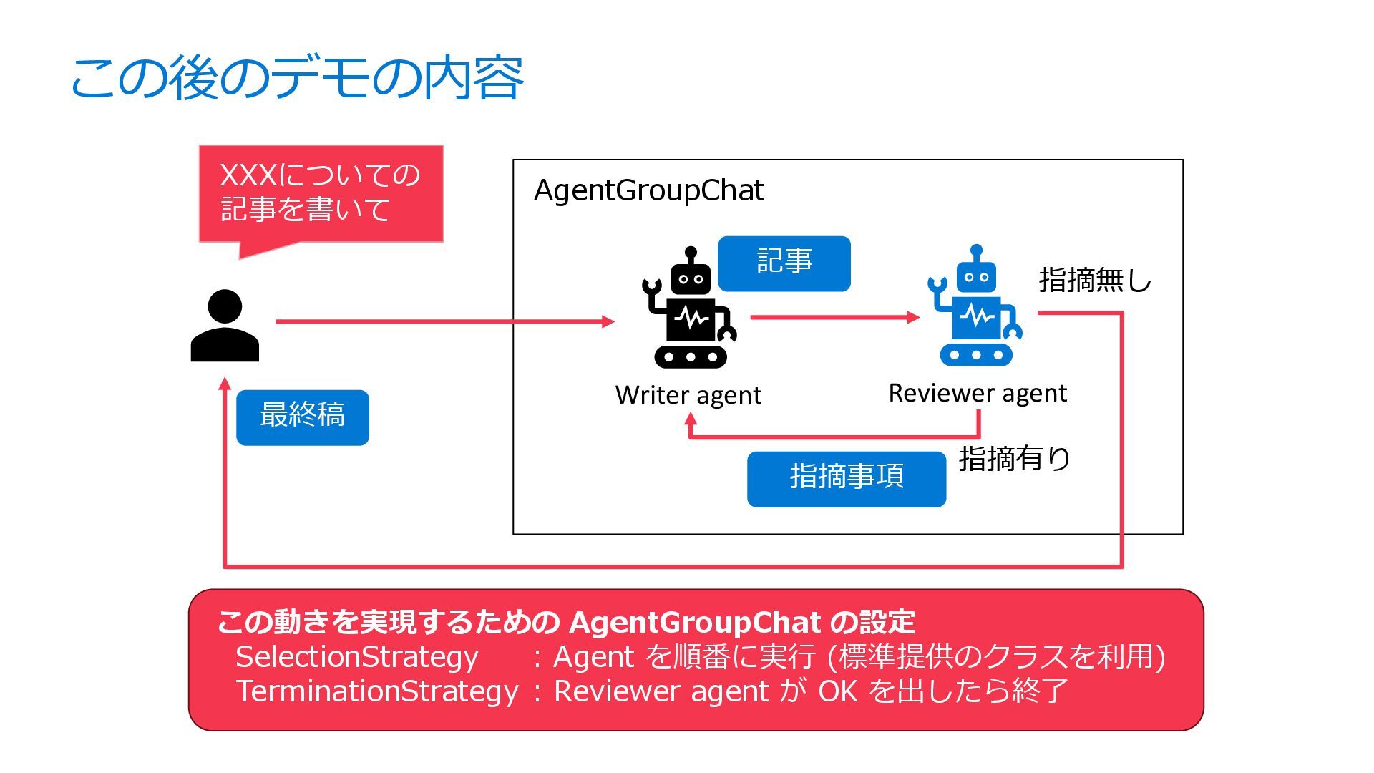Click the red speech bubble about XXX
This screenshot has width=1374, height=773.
pos(321,193)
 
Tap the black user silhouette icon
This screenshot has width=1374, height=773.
pos(225,326)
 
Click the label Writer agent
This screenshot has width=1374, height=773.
pos(688,395)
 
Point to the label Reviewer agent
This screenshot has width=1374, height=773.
pos(978,393)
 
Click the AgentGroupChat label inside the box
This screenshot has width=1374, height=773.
pos(649,190)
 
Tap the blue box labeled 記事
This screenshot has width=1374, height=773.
pos(784,263)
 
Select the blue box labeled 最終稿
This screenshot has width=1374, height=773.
pos(302,417)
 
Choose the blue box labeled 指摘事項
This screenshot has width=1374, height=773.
pos(847,478)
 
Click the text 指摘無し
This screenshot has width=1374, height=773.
pos(1095,280)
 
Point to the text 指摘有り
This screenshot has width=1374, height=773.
pos(1014,459)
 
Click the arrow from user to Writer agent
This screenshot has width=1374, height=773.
pos(444,321)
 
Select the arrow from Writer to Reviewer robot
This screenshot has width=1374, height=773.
pos(834,317)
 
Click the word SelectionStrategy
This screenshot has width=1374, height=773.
pos(356,656)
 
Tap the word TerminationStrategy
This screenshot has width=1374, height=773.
pos(377,691)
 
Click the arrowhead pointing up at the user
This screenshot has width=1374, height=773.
pos(225,384)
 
